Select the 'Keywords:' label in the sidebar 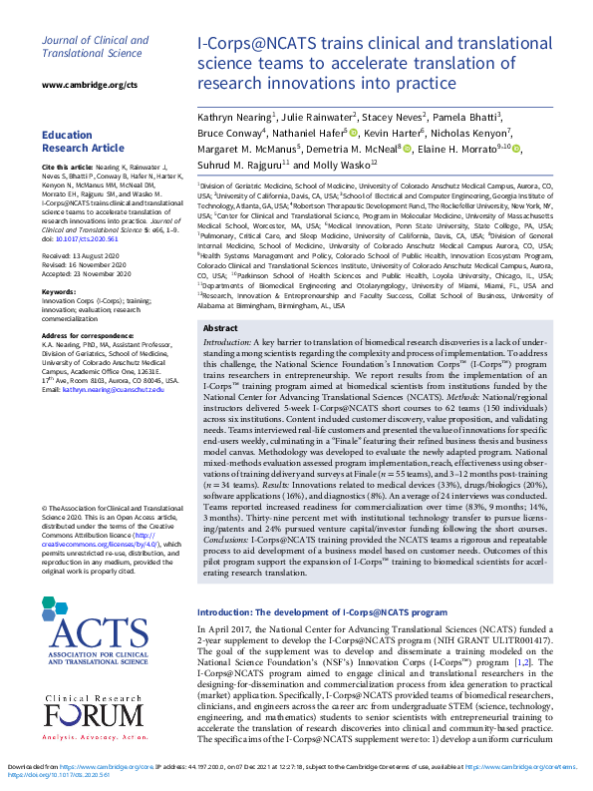click(64, 292)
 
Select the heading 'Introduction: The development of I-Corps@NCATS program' click(321, 584)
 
